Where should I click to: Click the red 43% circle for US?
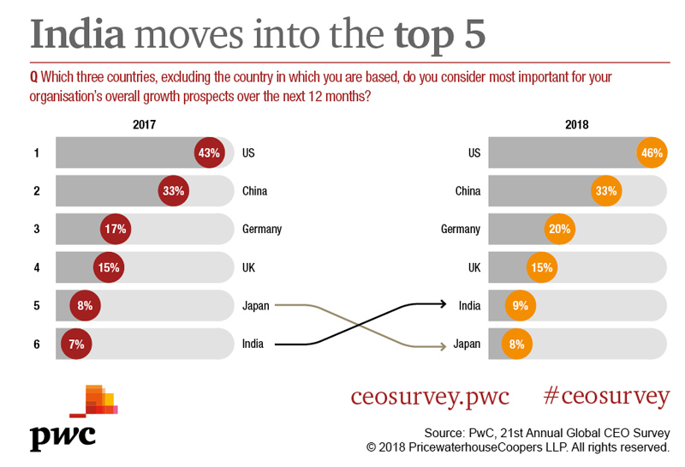coord(209,153)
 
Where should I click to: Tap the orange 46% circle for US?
coord(652,153)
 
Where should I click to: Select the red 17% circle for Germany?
coord(116,229)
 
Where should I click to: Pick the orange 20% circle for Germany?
coord(559,229)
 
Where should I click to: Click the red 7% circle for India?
coord(77,344)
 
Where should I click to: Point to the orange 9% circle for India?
coord(520,305)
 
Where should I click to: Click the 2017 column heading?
coord(145,124)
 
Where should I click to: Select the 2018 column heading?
coord(577,124)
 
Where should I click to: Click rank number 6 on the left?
coord(37,344)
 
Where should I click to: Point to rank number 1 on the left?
coord(37,153)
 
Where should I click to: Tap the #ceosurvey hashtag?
coord(606,397)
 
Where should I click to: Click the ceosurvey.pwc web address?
coord(430,397)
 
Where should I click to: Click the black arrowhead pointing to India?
coord(442,304)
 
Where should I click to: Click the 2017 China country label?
coord(255,191)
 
